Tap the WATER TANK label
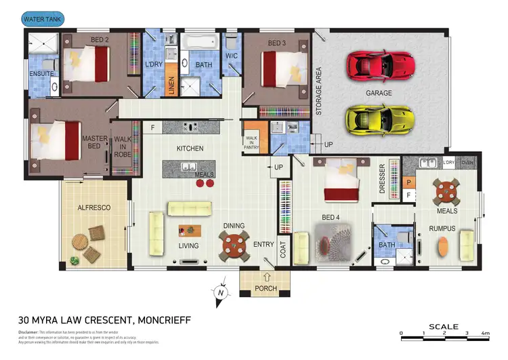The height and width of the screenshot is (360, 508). (43, 19)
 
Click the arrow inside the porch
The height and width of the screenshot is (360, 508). (266, 277)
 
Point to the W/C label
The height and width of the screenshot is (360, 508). (231, 56)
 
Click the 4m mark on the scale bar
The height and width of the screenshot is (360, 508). (485, 333)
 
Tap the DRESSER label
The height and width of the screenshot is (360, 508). (383, 180)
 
